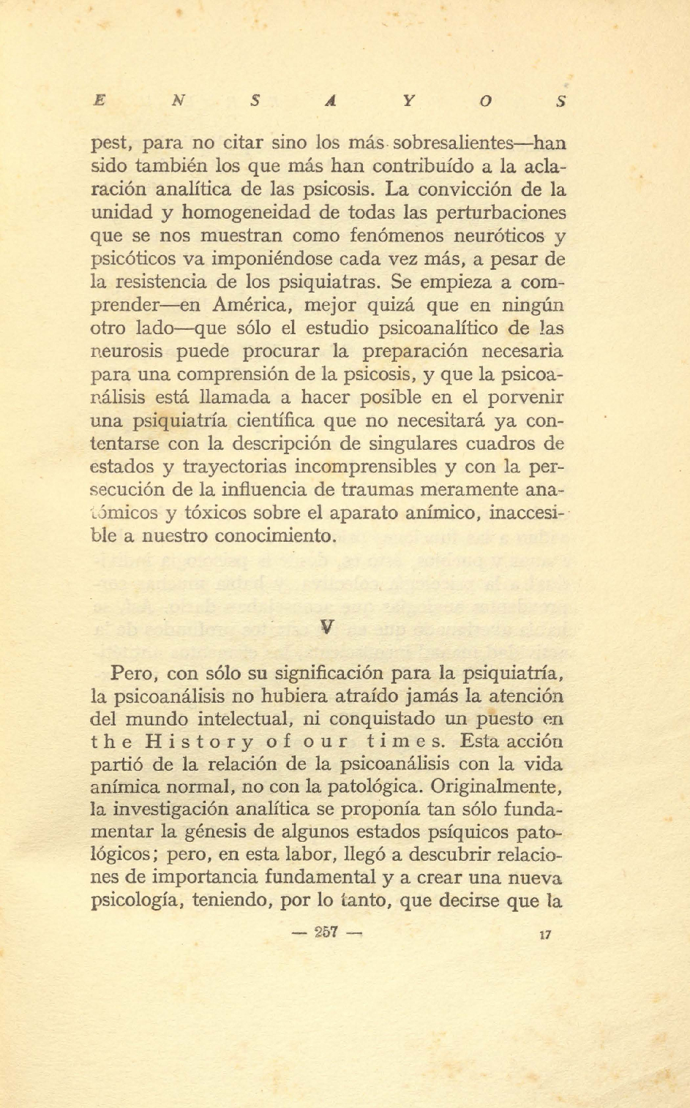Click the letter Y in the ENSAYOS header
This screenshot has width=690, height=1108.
[408, 102]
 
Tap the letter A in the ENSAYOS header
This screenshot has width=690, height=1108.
[331, 102]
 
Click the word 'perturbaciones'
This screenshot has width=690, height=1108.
[501, 213]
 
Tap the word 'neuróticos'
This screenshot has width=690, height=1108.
[499, 236]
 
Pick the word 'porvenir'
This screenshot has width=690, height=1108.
[528, 398]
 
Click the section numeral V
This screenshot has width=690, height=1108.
[328, 627]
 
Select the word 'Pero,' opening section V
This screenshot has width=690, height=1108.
[134, 673]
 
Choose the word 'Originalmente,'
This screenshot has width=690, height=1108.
[496, 788]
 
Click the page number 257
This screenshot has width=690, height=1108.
[326, 933]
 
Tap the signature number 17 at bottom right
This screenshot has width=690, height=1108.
[544, 935]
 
